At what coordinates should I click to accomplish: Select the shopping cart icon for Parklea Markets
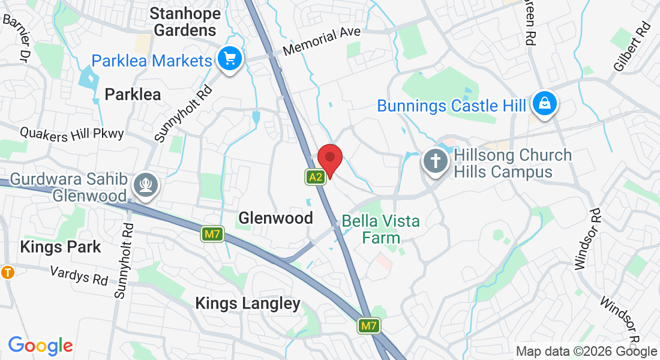pyautogui.click(x=229, y=59)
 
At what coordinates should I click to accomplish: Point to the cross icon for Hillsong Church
pyautogui.click(x=434, y=161)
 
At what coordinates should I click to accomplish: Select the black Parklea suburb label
pyautogui.click(x=133, y=94)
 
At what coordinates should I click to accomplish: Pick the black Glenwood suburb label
pyautogui.click(x=275, y=218)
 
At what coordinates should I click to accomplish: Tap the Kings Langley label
pyautogui.click(x=248, y=304)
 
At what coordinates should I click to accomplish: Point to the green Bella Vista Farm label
pyautogui.click(x=380, y=229)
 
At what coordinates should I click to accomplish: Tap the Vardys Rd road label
pyautogui.click(x=79, y=275)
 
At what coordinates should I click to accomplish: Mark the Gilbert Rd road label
pyautogui.click(x=632, y=46)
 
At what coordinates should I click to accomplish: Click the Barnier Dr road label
pyautogui.click(x=16, y=38)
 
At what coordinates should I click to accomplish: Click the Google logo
pyautogui.click(x=40, y=346)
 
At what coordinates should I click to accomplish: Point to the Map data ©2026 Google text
pyautogui.click(x=587, y=352)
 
